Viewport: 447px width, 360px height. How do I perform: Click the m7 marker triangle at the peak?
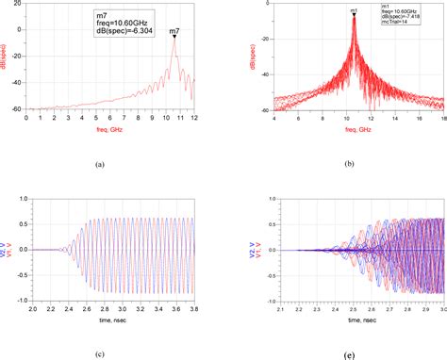[x=174, y=38]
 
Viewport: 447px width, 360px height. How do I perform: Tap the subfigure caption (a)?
[x=113, y=162]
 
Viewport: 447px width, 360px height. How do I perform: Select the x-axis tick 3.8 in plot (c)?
[x=195, y=308]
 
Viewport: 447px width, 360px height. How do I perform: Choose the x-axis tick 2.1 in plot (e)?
[x=276, y=308]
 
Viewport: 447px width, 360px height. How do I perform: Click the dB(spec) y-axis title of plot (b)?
[x=249, y=57]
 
